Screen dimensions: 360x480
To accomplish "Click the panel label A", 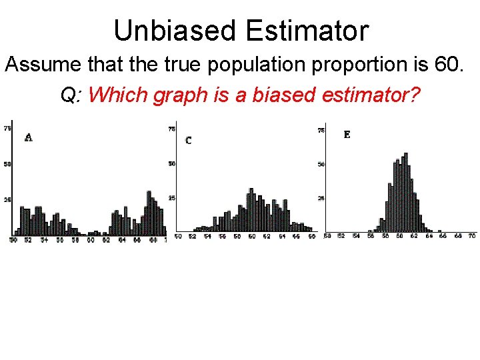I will click(x=28, y=137).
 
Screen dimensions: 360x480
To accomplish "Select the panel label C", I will click(x=189, y=141).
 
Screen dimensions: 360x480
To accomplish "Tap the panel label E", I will click(x=347, y=135).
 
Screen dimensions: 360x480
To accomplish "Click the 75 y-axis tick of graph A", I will click(x=7, y=128).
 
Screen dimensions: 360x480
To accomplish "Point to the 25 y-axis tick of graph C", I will click(x=171, y=198).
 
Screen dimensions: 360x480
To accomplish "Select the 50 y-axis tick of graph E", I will click(x=321, y=164).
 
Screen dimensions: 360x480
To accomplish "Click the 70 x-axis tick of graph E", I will click(x=472, y=236).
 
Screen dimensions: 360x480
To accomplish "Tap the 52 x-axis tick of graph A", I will click(x=28, y=240).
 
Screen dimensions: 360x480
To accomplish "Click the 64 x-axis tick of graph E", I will click(x=429, y=236).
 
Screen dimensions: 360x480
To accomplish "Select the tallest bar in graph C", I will click(x=251, y=209).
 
